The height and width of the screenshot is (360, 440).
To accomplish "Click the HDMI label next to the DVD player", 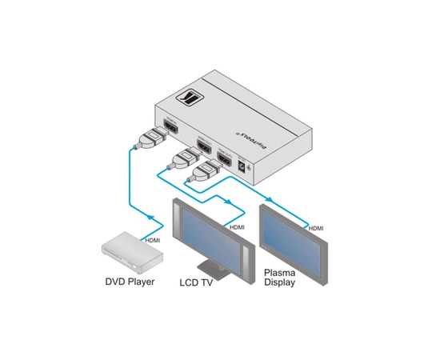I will (x=152, y=239).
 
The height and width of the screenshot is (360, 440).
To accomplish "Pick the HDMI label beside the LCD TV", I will (x=238, y=227).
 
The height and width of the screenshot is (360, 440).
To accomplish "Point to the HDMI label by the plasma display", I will (x=316, y=229).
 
